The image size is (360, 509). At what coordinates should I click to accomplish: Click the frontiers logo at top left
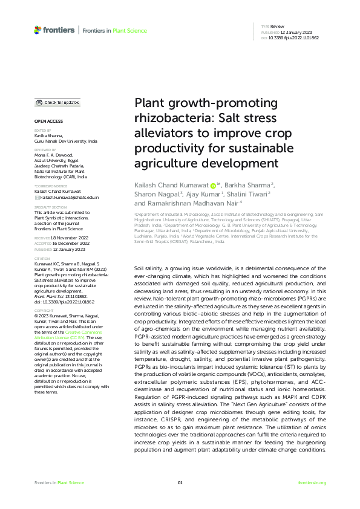(54, 30)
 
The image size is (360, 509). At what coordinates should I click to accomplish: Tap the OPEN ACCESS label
(47, 122)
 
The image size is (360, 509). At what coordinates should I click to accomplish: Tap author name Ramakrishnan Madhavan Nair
(186, 204)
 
